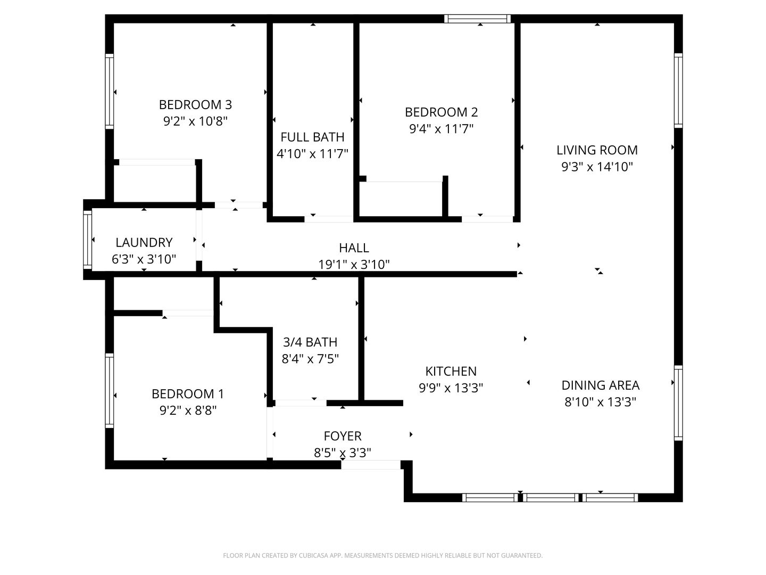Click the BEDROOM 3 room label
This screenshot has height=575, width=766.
point(195,104)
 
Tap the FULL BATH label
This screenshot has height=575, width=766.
point(312,137)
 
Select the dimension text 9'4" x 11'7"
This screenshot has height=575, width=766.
point(441,128)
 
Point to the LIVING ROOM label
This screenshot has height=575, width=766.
point(597,150)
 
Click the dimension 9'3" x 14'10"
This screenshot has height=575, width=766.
point(597,167)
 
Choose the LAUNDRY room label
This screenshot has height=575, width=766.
point(144,242)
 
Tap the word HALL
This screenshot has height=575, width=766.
point(354,248)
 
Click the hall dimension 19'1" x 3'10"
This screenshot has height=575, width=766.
point(354,264)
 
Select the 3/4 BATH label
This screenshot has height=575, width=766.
point(310,342)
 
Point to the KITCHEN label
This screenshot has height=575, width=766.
point(451,371)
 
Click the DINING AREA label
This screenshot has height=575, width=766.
point(600,385)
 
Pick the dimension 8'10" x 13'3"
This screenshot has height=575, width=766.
point(600,402)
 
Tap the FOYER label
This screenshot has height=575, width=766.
point(343,436)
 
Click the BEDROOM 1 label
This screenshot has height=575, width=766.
point(188,394)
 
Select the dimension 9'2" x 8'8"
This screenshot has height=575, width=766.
point(188,410)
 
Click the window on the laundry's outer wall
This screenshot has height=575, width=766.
point(88,240)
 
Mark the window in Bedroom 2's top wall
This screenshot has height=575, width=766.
point(477,19)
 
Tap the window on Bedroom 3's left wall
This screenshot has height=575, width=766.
point(110,91)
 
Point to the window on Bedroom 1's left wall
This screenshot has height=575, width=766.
point(110,391)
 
